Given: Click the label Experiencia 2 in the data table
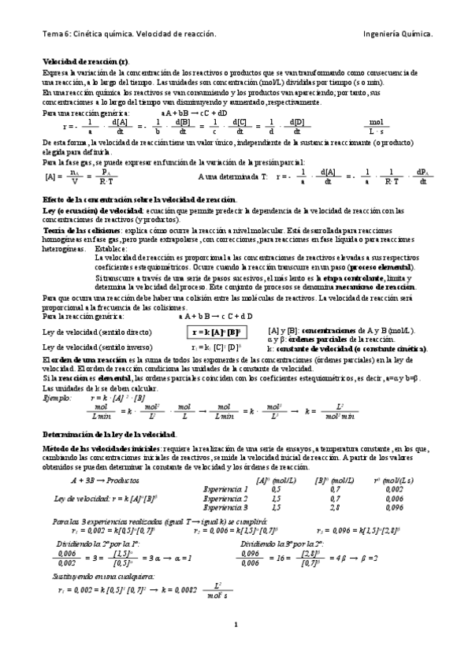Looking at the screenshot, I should (x=225, y=499).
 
